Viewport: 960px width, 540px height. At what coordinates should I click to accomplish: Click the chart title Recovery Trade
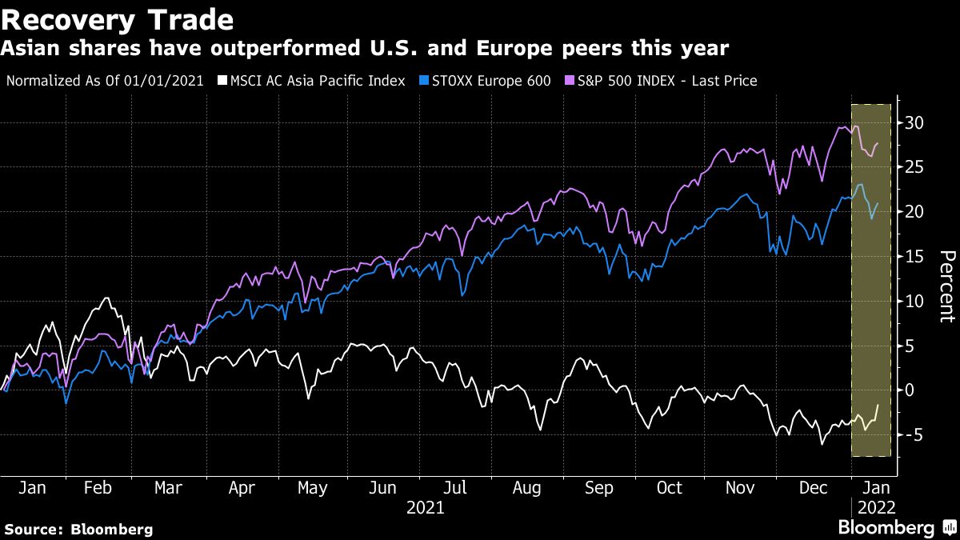[118, 19]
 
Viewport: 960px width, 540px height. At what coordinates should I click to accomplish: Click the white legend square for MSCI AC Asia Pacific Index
[223, 81]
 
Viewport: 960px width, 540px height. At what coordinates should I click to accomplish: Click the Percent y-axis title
[946, 286]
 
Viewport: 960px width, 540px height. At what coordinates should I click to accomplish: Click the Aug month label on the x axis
[527, 488]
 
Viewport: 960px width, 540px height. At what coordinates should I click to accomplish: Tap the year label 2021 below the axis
[425, 507]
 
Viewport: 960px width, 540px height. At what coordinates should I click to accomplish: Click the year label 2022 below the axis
[874, 507]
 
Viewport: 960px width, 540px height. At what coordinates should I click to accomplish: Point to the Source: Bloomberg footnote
[78, 530]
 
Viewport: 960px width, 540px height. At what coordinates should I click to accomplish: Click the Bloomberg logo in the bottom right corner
[896, 528]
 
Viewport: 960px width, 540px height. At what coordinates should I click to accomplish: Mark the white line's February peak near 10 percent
[106, 298]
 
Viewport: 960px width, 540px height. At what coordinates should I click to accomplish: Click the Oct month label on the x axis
[669, 488]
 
